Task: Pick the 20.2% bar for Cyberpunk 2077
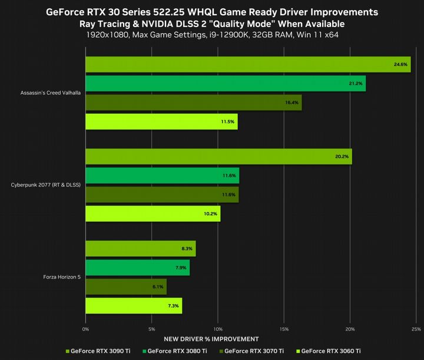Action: (218, 157)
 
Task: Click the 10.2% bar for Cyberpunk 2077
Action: (153, 213)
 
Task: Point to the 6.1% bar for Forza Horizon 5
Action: (125, 287)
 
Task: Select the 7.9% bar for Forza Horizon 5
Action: (137, 268)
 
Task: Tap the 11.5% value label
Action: (228, 121)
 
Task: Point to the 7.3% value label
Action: (174, 306)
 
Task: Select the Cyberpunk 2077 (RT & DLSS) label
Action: (46, 185)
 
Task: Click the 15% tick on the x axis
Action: (284, 329)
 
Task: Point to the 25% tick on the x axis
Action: (415, 329)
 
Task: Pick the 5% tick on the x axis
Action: (152, 329)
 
